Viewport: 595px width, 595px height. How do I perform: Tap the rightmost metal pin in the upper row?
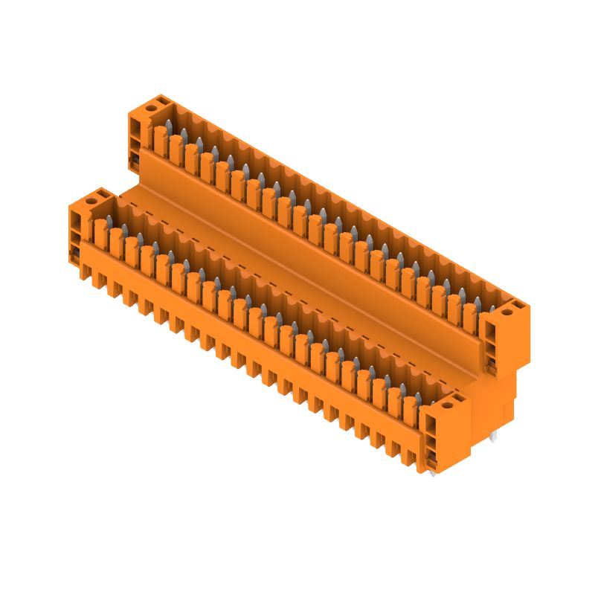pos(492,308)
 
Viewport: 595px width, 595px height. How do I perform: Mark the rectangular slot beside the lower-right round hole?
pos(458,400)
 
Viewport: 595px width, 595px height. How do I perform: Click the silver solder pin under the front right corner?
pos(432,472)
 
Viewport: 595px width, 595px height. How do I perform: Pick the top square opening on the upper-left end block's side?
pos(135,126)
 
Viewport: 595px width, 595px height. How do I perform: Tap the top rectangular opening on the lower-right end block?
pos(430,425)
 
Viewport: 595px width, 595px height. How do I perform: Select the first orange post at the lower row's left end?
pos(100,230)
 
